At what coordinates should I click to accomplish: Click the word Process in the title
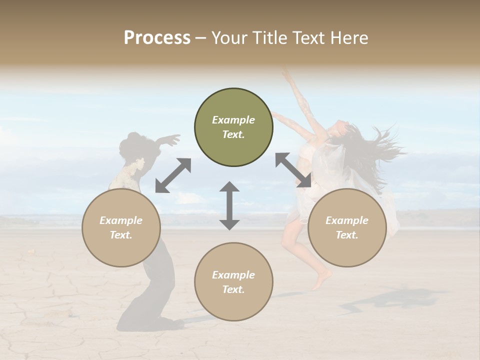coord(157,38)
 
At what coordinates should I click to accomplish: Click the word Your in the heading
coord(230,38)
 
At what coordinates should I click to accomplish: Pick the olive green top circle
coord(233,127)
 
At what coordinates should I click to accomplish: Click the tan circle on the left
coord(121,227)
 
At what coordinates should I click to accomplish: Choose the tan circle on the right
coord(347,227)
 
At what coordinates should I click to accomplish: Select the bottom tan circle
coord(233,282)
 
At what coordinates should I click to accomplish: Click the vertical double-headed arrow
coord(229,205)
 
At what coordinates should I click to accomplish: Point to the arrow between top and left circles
coord(173,175)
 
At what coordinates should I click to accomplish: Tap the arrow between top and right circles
coord(293,170)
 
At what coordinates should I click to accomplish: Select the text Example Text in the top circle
coord(233,127)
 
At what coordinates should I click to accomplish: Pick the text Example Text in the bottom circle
coord(233,282)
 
